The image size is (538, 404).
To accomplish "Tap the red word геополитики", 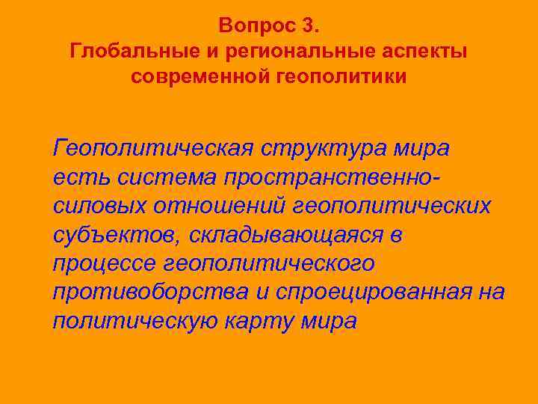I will pyautogui.click(x=344, y=77).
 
